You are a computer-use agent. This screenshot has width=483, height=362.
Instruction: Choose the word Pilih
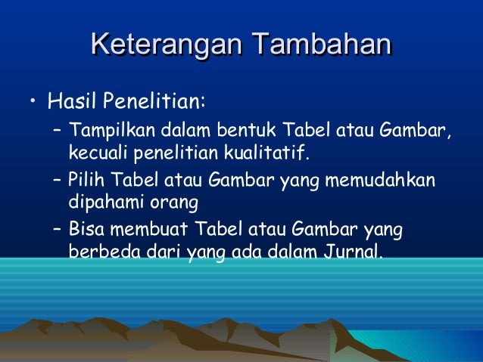83,182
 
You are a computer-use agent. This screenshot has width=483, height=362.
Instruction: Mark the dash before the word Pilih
58,182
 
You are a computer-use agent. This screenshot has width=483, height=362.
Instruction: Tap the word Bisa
84,229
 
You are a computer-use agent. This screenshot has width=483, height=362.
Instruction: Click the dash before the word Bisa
58,229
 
